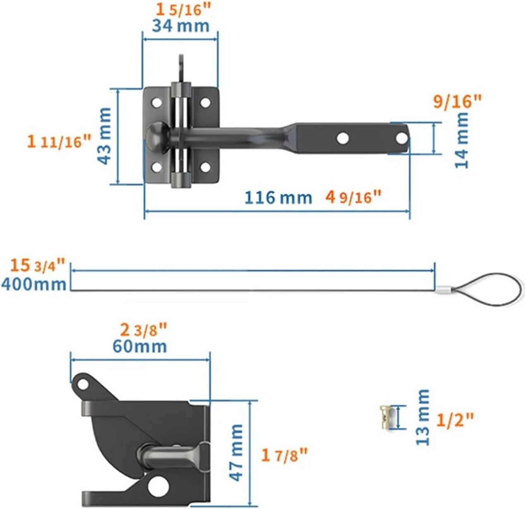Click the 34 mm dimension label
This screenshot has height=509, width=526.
tap(180, 26)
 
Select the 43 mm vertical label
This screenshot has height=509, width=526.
tap(105, 136)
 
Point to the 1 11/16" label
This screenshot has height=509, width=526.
tap(59, 141)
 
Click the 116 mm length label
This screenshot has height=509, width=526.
tap(278, 197)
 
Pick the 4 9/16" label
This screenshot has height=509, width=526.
tap(353, 197)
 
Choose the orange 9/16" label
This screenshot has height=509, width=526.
tap(457, 102)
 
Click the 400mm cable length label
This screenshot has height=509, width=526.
tap(34, 284)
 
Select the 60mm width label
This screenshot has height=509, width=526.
tap(140, 346)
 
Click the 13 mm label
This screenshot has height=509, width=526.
tap(423, 417)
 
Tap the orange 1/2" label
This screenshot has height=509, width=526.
tap(455, 420)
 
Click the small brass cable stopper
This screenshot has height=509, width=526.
tap(385, 417)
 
